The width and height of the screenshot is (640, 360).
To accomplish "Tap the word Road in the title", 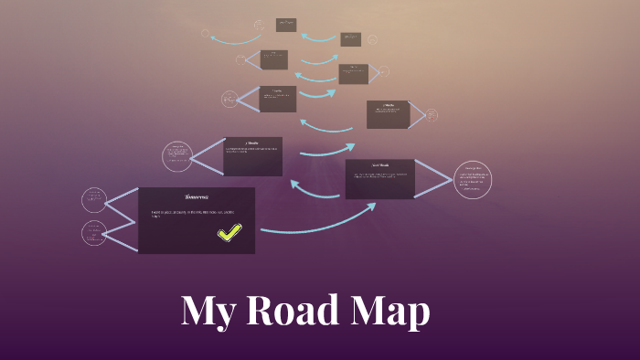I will click(x=285, y=312).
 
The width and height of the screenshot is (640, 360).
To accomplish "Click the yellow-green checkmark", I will click(x=229, y=233).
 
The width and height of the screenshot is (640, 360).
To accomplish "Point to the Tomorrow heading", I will click(x=197, y=196).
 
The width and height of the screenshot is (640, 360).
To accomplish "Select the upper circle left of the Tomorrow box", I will click(x=94, y=200).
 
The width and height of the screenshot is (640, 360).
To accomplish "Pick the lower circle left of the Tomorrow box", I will click(x=94, y=233).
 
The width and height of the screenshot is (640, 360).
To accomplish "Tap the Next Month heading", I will click(x=379, y=166).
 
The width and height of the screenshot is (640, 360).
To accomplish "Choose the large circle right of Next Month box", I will click(x=472, y=179).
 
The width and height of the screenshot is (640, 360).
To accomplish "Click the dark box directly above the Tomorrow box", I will click(x=252, y=156).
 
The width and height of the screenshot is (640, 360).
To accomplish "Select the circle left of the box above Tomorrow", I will click(x=176, y=156).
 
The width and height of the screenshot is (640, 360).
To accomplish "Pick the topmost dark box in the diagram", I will click(x=286, y=25).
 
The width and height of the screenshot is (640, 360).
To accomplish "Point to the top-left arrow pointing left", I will click(x=235, y=38).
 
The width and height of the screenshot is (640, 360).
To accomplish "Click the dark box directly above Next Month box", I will click(x=388, y=114).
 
